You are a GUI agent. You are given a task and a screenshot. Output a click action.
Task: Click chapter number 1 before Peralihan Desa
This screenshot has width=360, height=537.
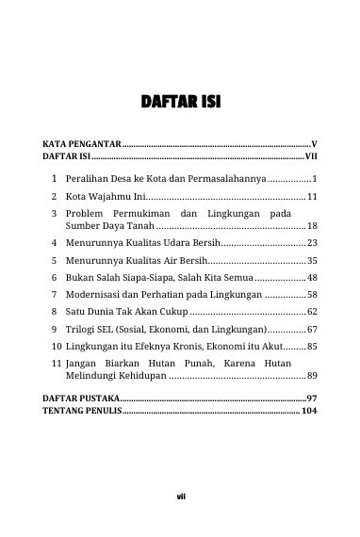coord(57,178)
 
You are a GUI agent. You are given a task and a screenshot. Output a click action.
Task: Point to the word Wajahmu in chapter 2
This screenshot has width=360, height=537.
coord(104,198)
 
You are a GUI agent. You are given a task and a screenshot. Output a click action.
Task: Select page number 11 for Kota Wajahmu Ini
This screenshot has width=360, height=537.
coord(312,198)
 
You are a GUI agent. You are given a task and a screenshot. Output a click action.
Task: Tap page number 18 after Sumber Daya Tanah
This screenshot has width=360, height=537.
coord(312,227)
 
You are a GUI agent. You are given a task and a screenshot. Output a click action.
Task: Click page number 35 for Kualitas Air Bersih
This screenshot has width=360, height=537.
coord(312,260)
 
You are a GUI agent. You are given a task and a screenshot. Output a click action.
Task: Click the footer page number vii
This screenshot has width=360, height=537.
coord(180,498)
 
